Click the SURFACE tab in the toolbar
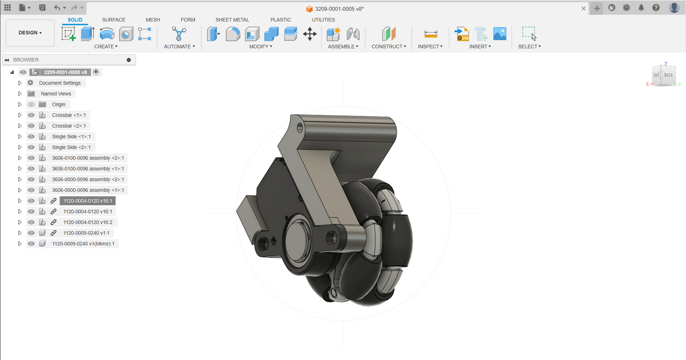(x=114, y=19)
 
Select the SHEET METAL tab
(x=232, y=19)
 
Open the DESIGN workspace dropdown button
(x=30, y=33)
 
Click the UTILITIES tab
(x=324, y=19)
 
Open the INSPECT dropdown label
(x=430, y=46)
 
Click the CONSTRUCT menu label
(x=389, y=46)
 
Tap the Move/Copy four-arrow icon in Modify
(x=310, y=34)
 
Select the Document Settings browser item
(x=59, y=83)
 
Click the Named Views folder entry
(x=55, y=94)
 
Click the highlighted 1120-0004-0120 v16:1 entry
(x=87, y=201)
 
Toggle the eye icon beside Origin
(x=31, y=105)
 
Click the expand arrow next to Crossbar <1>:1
(x=20, y=115)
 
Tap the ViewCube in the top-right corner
(x=663, y=75)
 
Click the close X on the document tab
(x=583, y=9)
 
